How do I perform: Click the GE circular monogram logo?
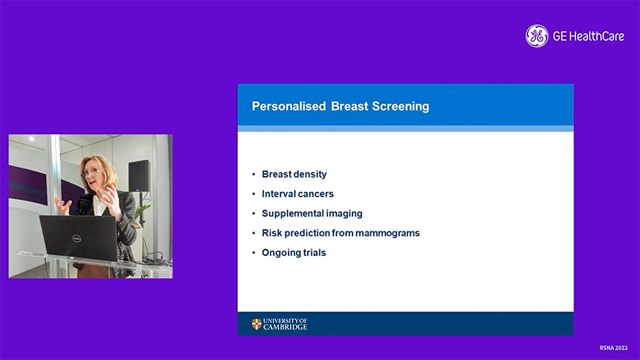pyautogui.click(x=537, y=36)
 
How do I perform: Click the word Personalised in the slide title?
pyautogui.click(x=289, y=106)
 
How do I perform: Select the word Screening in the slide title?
pyautogui.click(x=401, y=107)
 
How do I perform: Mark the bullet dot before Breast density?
pyautogui.click(x=253, y=174)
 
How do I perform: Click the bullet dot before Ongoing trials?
pyautogui.click(x=253, y=253)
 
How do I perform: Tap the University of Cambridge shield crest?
pyautogui.click(x=256, y=324)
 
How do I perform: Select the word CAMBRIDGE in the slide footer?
pyautogui.click(x=285, y=327)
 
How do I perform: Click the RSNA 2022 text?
pyautogui.click(x=613, y=348)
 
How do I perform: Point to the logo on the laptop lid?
pyautogui.click(x=76, y=239)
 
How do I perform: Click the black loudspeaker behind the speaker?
pyautogui.click(x=139, y=176)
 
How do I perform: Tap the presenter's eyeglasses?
pyautogui.click(x=91, y=173)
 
